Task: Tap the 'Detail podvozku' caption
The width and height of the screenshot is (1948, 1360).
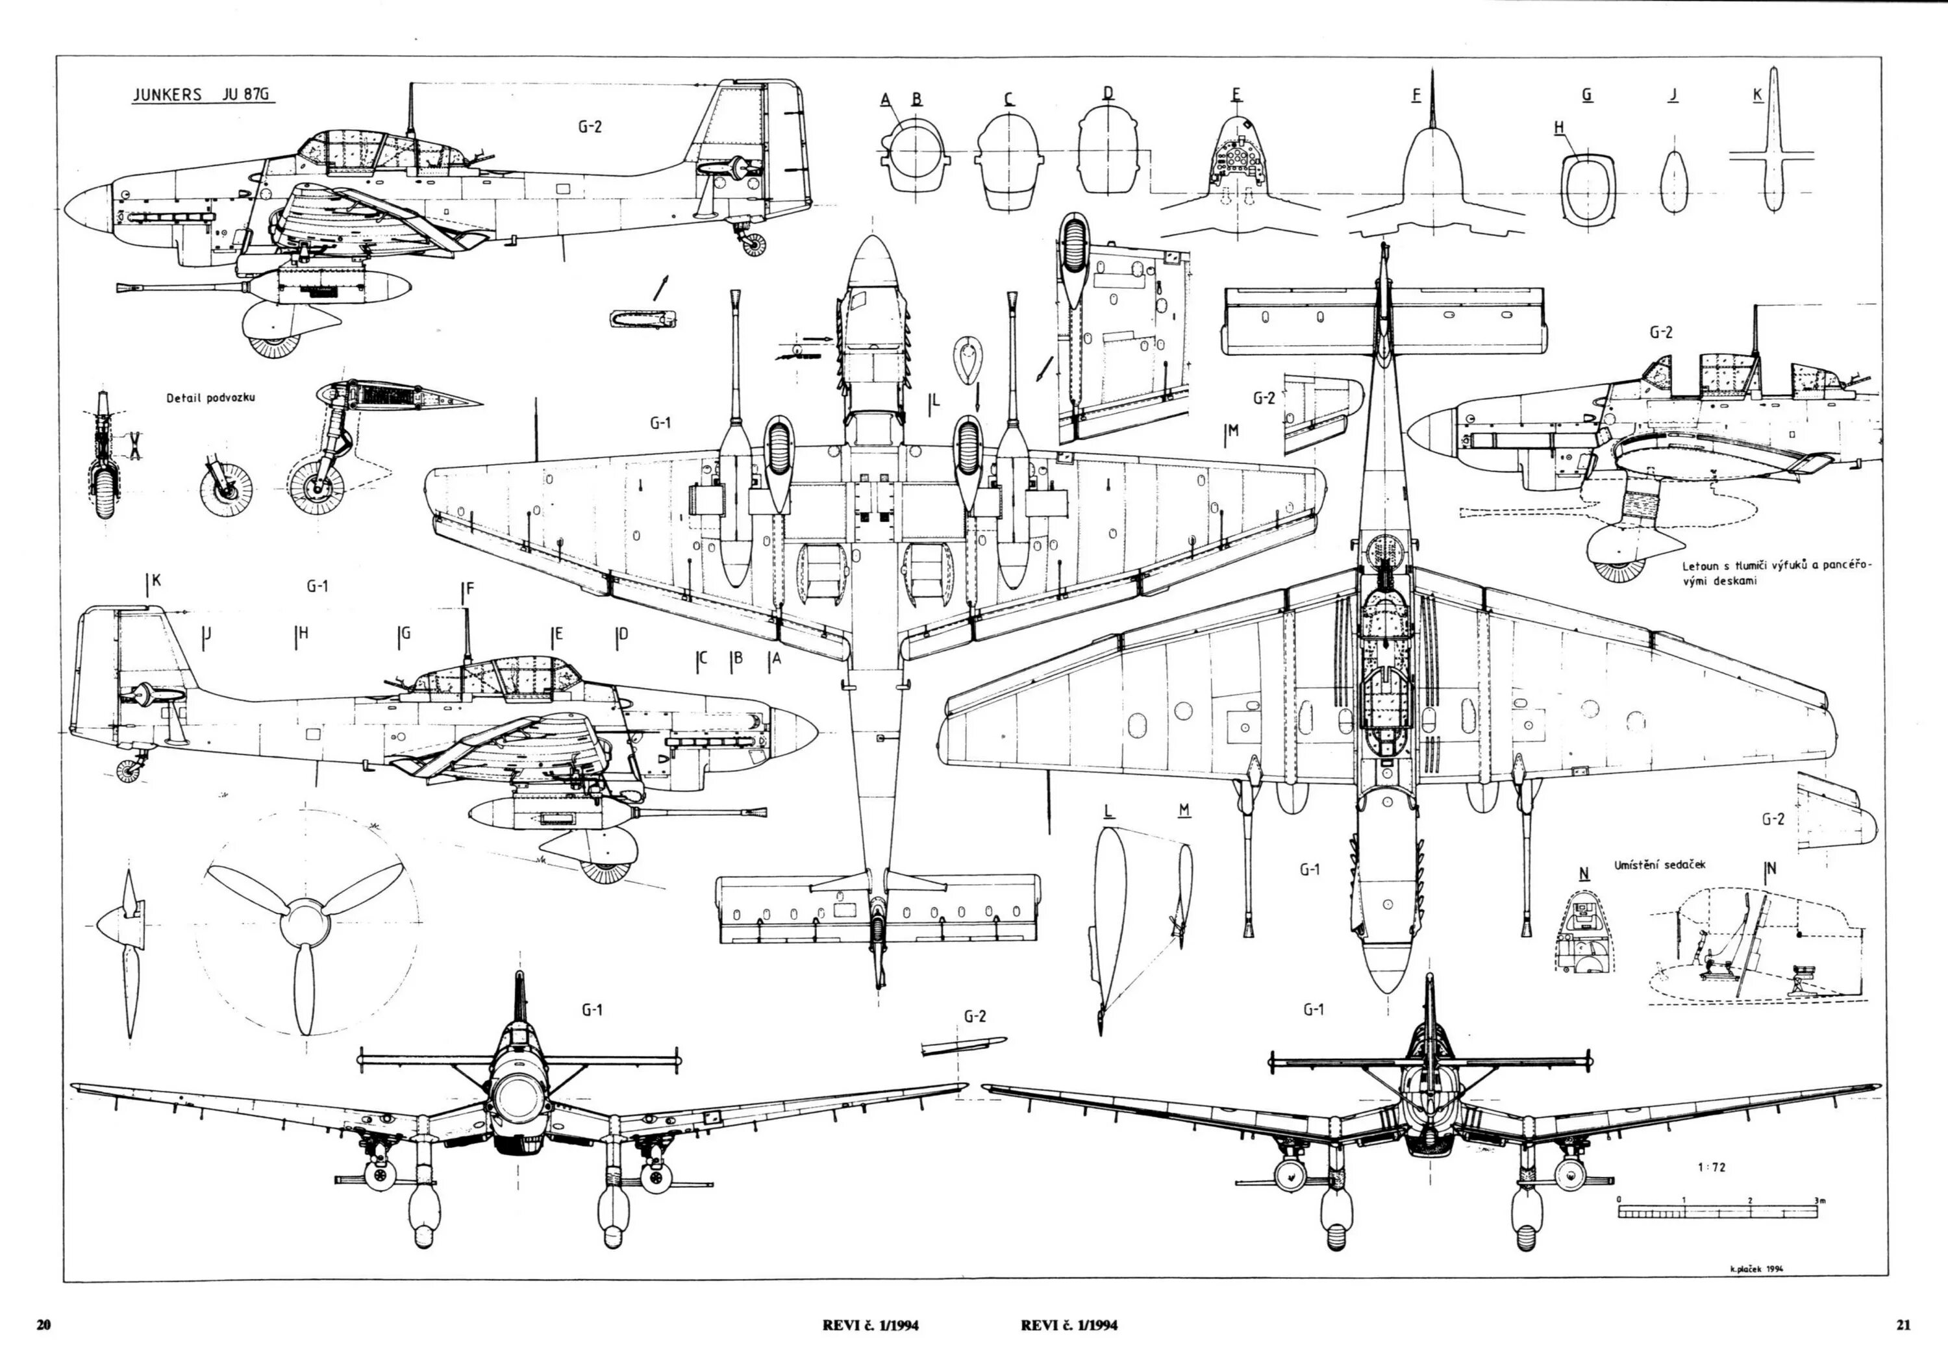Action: (x=210, y=397)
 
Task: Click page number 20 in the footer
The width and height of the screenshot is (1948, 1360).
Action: (x=44, y=1324)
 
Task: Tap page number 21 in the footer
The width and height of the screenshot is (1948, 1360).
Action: (x=1903, y=1324)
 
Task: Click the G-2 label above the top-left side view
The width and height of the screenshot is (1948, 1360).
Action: (x=590, y=127)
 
